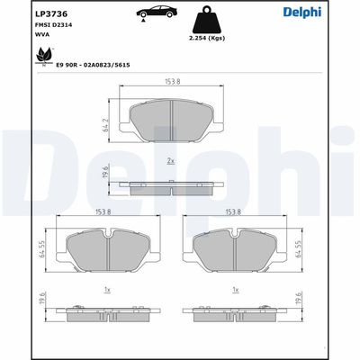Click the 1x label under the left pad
(x=107, y=290)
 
